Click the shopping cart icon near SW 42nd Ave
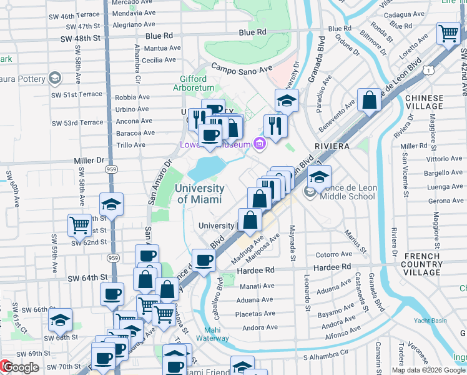(x=448, y=33)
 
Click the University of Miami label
(x=200, y=194)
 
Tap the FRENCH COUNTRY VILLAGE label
(x=423, y=264)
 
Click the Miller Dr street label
(x=88, y=161)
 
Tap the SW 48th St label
(x=80, y=38)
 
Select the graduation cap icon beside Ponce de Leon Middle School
(x=319, y=177)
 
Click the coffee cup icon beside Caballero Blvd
(x=202, y=259)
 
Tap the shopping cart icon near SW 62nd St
(x=79, y=224)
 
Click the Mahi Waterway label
(x=216, y=334)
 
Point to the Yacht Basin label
(x=438, y=321)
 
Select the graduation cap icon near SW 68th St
(x=61, y=320)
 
